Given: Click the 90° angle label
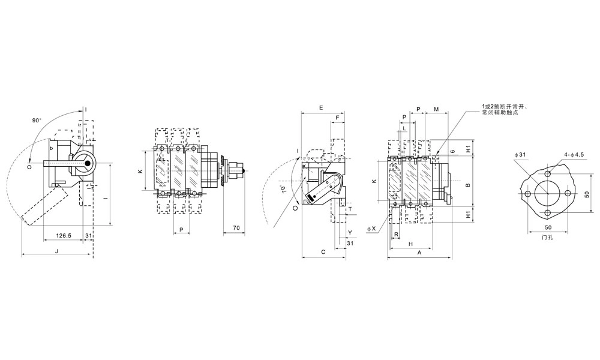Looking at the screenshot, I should (x=37, y=121).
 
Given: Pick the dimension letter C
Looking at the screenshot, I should (x=323, y=253).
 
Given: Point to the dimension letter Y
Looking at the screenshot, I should (x=350, y=232).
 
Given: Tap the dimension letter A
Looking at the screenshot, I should (x=419, y=253).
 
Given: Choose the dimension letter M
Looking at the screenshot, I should (x=436, y=109).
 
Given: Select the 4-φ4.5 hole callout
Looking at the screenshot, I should (x=574, y=155).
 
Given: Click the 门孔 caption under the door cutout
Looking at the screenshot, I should (x=547, y=238).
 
